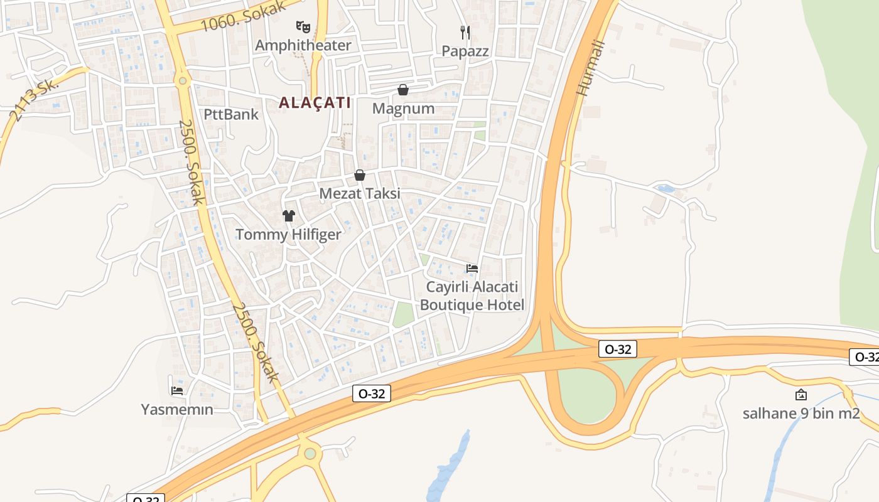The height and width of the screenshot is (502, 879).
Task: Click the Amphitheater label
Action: click(x=303, y=45)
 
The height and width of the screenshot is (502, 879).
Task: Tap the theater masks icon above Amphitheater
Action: click(x=303, y=26)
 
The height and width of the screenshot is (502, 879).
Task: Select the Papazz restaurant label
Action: click(x=465, y=51)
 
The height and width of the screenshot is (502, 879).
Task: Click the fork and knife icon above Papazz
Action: click(x=465, y=32)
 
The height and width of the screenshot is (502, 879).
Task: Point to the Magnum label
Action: click(x=403, y=109)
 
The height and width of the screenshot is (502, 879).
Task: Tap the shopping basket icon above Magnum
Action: click(x=403, y=90)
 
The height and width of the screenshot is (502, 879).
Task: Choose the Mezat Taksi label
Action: click(x=360, y=193)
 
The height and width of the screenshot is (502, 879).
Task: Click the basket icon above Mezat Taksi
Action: click(x=360, y=175)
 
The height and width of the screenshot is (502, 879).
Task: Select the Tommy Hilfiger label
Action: click(x=288, y=235)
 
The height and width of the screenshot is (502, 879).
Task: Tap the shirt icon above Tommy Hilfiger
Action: click(x=288, y=216)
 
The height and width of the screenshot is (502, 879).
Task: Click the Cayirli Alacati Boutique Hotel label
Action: click(x=472, y=296)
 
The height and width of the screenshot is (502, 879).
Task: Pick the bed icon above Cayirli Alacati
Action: click(x=472, y=269)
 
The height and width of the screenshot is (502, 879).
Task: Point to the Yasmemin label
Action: click(x=177, y=410)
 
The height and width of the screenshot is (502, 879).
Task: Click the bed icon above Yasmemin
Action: click(x=177, y=391)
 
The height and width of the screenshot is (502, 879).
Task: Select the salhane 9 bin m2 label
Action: click(x=801, y=414)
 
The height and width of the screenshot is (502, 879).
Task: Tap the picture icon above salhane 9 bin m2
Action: click(x=801, y=395)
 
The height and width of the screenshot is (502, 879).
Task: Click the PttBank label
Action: click(x=231, y=114)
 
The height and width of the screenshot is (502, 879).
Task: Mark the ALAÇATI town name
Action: click(x=315, y=103)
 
